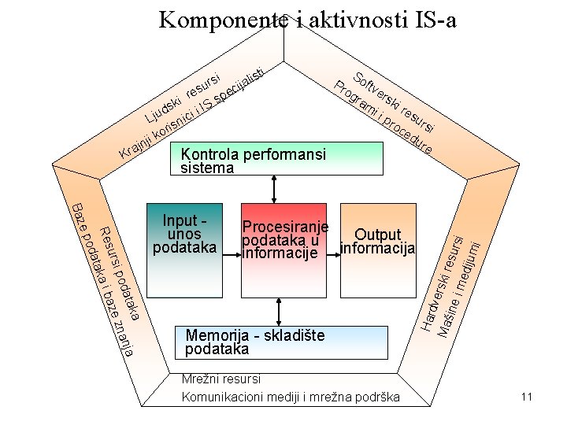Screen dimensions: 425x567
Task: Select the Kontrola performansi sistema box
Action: coord(276,158)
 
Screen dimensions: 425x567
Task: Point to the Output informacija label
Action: coord(377,242)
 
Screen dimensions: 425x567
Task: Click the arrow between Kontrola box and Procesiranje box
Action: coord(274,188)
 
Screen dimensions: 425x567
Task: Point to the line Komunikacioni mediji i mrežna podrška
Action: coord(291,396)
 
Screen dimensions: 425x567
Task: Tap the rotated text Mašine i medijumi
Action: coord(460,279)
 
